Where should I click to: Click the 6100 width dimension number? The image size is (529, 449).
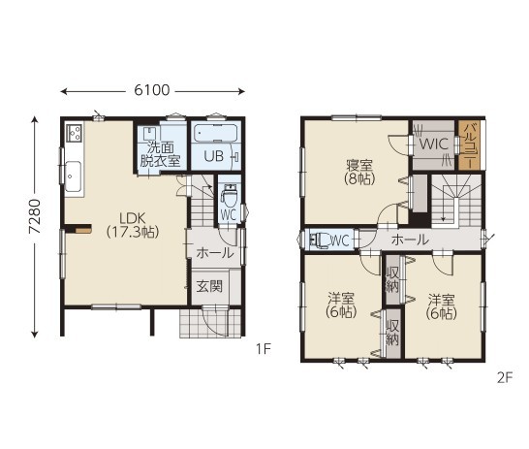click(x=152, y=90)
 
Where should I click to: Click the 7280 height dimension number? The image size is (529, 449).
click(x=35, y=216)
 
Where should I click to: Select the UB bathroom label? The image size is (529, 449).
click(x=214, y=156)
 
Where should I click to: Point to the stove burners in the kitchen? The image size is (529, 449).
click(x=75, y=132)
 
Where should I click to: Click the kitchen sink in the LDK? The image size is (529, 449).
click(x=74, y=176)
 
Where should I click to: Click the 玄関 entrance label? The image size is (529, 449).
click(x=210, y=287)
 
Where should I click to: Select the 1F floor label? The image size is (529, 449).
click(x=264, y=349)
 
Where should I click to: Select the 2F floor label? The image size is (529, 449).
click(x=505, y=378)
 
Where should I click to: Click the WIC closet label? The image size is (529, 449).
click(x=433, y=144)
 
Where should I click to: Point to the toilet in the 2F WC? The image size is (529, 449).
click(x=320, y=241)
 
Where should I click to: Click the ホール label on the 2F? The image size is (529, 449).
click(x=410, y=240)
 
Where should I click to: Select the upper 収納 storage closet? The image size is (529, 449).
click(x=392, y=279)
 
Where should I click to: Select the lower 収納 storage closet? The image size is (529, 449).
click(x=392, y=333)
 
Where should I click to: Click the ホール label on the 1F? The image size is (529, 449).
click(x=215, y=252)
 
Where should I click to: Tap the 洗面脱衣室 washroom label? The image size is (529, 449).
click(x=160, y=154)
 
